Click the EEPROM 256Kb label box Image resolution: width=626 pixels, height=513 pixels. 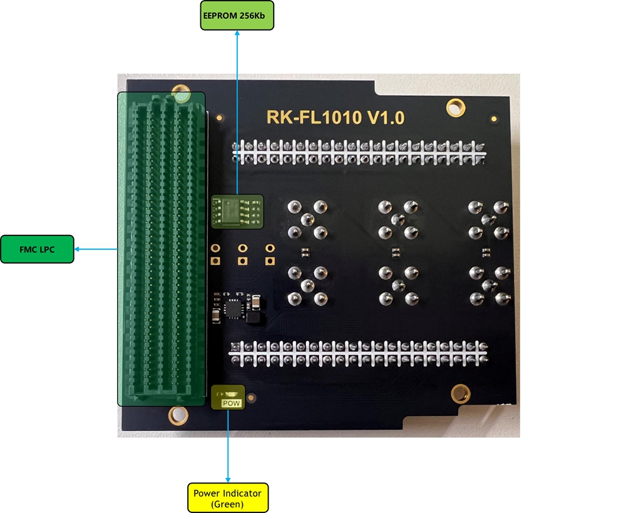point(237,16)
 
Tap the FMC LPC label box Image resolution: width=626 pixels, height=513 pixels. point(37,249)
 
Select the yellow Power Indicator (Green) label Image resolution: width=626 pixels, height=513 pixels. point(228,498)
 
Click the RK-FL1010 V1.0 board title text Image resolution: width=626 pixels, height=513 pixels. point(336,118)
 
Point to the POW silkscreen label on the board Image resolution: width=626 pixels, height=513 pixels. point(232,403)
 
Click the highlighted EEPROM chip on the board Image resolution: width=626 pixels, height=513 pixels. point(237,212)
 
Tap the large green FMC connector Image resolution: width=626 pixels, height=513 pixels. point(162,249)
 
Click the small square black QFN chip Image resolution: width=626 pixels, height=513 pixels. point(233,308)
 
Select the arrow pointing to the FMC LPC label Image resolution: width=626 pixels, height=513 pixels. point(96,249)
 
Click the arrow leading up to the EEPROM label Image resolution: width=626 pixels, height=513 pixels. point(237,113)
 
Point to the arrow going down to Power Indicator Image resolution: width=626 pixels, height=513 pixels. point(228,446)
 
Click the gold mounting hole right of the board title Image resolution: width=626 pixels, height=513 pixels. point(456,108)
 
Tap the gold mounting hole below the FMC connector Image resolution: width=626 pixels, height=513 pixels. point(178,415)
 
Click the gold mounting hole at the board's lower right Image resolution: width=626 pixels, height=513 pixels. point(460,394)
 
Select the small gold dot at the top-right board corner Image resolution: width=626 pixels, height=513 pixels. point(494,118)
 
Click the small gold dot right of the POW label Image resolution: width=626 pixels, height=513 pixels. point(251,398)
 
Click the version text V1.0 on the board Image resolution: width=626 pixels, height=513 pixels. point(386,118)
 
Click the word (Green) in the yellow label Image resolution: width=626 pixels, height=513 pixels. point(227,504)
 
